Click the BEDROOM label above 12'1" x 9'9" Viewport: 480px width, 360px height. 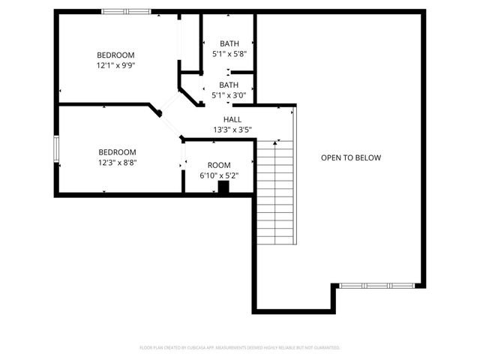pyautogui.click(x=115, y=55)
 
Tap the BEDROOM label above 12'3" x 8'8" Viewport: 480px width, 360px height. pyautogui.click(x=118, y=151)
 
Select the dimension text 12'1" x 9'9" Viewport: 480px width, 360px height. pyautogui.click(x=115, y=65)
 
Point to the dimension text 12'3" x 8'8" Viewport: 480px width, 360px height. pyautogui.click(x=118, y=161)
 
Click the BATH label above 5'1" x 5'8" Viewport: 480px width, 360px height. pyautogui.click(x=229, y=43)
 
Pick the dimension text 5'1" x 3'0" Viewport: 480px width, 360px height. pyautogui.click(x=229, y=95)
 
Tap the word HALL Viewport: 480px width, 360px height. pyautogui.click(x=232, y=119)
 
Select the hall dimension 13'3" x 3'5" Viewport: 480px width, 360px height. pyautogui.click(x=232, y=130)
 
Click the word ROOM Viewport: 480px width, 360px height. pyautogui.click(x=219, y=165)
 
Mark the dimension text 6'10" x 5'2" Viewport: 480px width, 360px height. pyautogui.click(x=219, y=175)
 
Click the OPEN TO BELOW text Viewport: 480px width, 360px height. pyautogui.click(x=351, y=157)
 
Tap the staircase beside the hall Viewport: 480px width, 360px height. pyautogui.click(x=275, y=191)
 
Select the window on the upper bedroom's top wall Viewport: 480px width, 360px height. pyautogui.click(x=126, y=11)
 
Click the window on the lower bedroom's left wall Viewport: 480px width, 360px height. pyautogui.click(x=55, y=148)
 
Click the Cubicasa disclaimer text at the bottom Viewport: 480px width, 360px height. pyautogui.click(x=240, y=348)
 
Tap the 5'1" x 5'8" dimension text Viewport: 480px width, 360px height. pyautogui.click(x=229, y=54)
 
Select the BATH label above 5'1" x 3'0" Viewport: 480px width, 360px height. pyautogui.click(x=229, y=85)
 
